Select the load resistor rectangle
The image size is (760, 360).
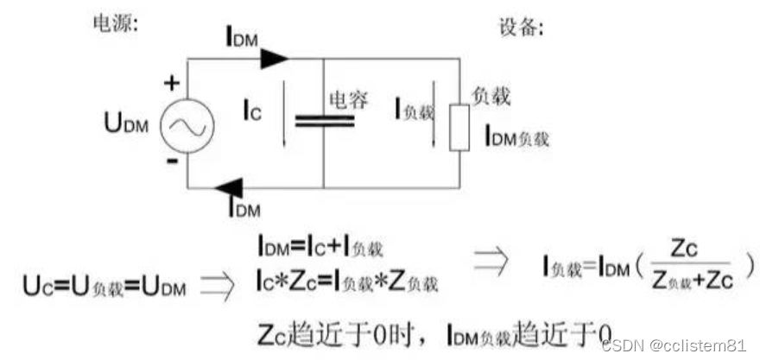[459, 128]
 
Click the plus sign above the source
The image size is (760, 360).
[173, 83]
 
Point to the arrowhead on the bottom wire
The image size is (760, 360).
[230, 186]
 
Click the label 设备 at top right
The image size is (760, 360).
[521, 27]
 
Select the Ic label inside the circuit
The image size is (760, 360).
[250, 111]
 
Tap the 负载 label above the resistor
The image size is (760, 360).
[488, 96]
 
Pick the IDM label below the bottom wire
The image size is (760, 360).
[244, 206]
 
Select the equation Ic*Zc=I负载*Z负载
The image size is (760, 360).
[345, 280]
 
